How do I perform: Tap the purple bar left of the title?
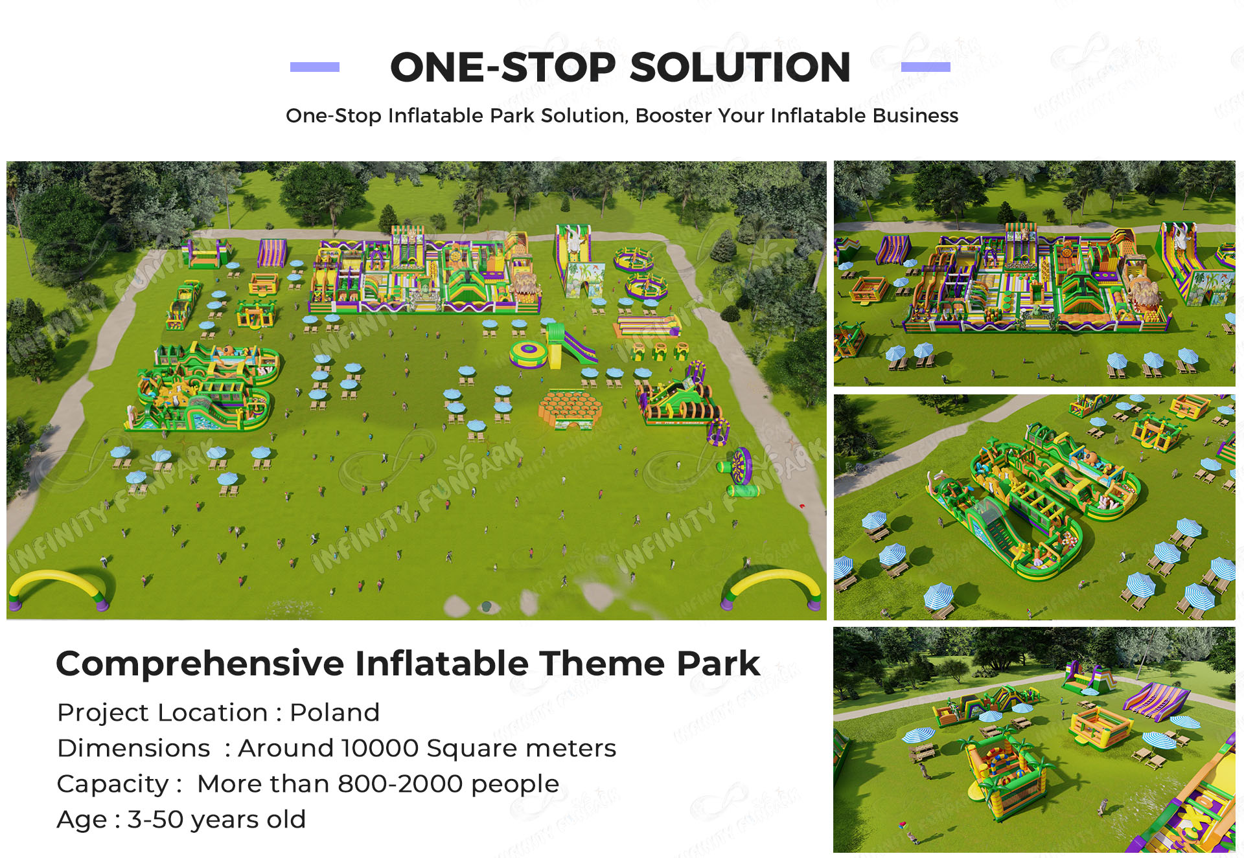tap(314, 67)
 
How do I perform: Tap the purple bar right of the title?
tap(925, 67)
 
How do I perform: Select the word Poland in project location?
tap(334, 712)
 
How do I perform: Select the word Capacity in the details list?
tap(113, 784)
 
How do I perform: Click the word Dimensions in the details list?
tap(133, 748)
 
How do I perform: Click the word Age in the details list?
tap(82, 819)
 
